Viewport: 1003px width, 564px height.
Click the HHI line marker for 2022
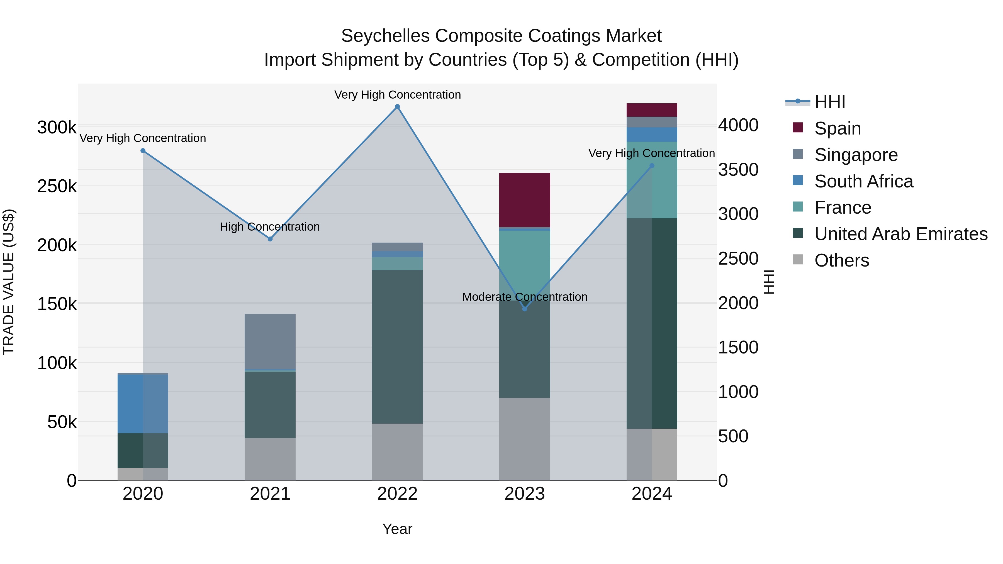(397, 107)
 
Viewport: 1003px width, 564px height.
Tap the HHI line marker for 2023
(524, 309)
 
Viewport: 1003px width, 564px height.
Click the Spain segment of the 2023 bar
(524, 200)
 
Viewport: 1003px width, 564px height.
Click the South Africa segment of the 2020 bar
(143, 404)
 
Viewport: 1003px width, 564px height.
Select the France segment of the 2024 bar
(652, 180)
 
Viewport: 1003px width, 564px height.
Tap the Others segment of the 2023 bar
(524, 439)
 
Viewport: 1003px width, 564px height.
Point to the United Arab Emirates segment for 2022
(397, 346)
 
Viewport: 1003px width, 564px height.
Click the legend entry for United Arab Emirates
(900, 234)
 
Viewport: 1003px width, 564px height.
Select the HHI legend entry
(829, 102)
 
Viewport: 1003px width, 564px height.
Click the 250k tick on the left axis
(57, 186)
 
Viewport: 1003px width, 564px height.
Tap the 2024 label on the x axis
(652, 494)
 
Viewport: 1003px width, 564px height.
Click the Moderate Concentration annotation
(524, 297)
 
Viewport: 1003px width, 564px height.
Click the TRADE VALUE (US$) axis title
(9, 282)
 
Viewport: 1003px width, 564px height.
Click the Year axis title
(397, 529)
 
